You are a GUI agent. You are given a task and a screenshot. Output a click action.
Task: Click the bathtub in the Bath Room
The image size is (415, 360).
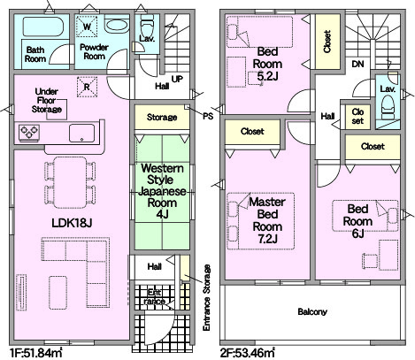42,27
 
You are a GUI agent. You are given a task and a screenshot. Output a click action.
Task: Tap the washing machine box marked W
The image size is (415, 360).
87,27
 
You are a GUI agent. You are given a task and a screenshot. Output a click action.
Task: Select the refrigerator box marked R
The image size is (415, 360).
87,87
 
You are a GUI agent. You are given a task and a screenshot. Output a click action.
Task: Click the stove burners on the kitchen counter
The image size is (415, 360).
29,133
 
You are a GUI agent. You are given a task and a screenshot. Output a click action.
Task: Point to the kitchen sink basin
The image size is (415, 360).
82,134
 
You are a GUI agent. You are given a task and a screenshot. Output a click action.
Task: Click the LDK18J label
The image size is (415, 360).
72,223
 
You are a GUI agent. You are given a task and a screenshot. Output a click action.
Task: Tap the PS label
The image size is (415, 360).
208,117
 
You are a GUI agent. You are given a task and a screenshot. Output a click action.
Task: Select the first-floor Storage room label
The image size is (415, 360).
162,117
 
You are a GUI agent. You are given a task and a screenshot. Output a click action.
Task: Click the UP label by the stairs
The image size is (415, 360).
177,79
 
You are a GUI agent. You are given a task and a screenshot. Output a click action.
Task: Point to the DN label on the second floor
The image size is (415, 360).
357,64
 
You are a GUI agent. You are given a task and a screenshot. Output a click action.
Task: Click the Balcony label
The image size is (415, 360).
312,312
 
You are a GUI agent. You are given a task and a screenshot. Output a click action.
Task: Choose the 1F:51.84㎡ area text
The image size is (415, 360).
36,352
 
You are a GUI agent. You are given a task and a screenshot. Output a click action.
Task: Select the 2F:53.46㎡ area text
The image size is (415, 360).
248,352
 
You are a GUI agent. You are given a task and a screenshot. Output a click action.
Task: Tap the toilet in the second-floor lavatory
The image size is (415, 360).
388,108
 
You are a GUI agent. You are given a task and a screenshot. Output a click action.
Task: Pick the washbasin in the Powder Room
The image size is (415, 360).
117,26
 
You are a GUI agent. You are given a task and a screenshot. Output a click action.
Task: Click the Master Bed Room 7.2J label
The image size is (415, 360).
267,220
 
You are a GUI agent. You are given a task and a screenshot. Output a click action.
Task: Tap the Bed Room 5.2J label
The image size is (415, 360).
267,64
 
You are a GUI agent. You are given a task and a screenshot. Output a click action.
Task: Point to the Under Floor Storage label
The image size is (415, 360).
47,100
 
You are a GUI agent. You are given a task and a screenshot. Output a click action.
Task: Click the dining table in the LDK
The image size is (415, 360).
71,182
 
